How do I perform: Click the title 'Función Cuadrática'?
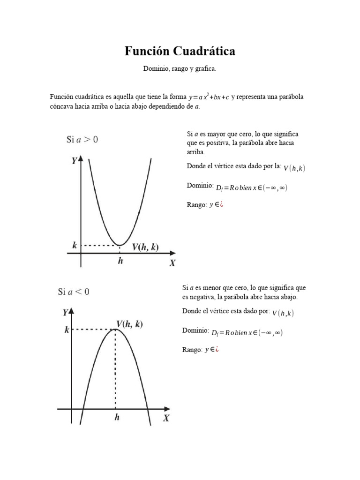[180, 51]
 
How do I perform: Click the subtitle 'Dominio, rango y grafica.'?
[180, 69]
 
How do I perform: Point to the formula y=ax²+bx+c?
[209, 97]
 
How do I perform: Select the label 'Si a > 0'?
[82, 139]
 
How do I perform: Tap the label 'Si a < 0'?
[74, 292]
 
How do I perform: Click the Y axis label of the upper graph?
[75, 161]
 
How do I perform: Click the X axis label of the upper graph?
[172, 263]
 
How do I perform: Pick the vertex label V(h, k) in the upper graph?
[145, 247]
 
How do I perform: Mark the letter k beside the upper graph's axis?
[75, 245]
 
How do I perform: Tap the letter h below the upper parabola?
[120, 261]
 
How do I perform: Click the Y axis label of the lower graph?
[65, 313]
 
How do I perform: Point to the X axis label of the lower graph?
[166, 419]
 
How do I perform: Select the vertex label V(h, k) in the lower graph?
[130, 324]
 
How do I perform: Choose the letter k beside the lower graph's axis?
[67, 330]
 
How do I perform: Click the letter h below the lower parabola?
[116, 417]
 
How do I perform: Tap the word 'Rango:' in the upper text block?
[196, 205]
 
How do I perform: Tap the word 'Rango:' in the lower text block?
[192, 350]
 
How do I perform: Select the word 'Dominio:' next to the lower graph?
[195, 330]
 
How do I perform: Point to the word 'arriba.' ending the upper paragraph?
[196, 152]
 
